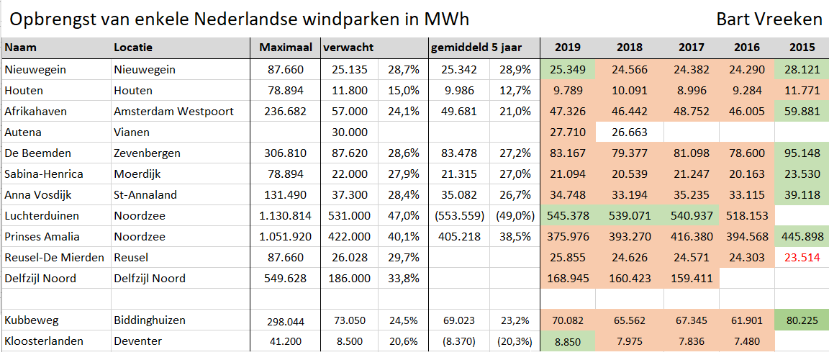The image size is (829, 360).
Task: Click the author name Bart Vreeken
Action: point(769,19)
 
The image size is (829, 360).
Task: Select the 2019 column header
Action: point(568,48)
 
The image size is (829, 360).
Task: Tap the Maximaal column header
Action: point(286,48)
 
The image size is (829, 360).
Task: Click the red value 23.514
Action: point(802,257)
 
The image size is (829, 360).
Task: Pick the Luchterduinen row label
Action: point(42,215)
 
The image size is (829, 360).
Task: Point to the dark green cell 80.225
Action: point(802,320)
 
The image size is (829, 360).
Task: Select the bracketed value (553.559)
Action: point(458,215)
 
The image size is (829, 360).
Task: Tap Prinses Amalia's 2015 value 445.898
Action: point(802,236)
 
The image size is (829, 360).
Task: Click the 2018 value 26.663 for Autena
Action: point(630,132)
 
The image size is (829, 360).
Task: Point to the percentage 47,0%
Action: point(404,215)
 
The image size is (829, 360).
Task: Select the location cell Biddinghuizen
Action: point(150,320)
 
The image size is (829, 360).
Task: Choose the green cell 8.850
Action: point(568,341)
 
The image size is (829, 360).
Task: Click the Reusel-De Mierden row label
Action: point(54,257)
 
